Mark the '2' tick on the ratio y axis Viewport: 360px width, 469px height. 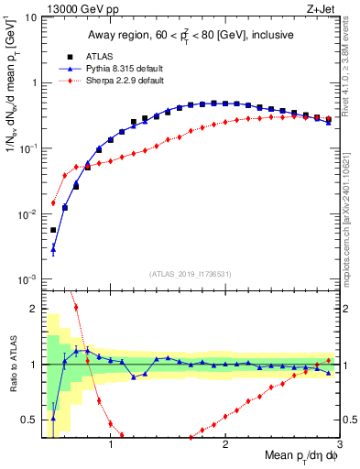34,309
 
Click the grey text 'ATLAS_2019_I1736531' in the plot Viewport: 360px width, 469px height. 190,274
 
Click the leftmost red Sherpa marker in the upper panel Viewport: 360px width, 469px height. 53,202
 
